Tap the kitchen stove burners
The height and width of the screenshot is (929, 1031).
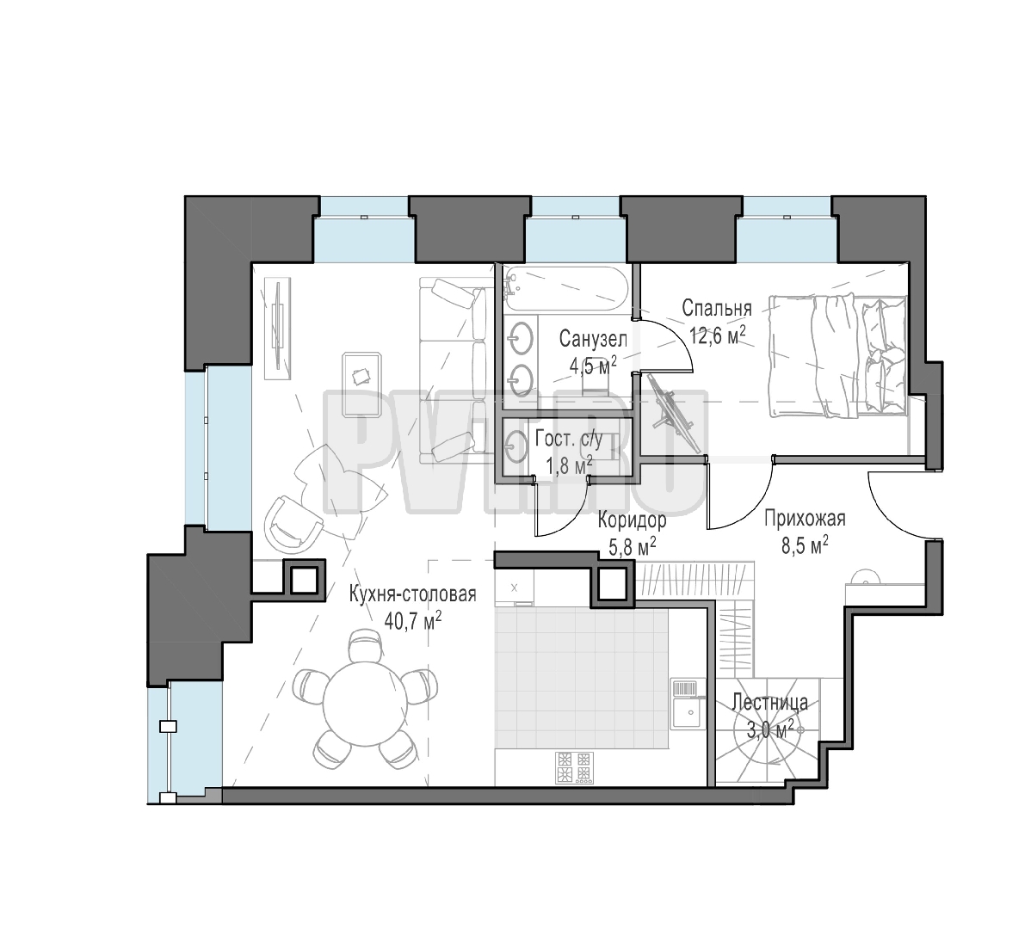(x=573, y=767)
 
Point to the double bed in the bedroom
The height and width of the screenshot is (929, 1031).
(x=837, y=355)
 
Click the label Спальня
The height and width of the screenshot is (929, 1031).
(x=716, y=307)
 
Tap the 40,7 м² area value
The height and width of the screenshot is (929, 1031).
(x=412, y=619)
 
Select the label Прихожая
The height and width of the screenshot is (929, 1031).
(x=804, y=519)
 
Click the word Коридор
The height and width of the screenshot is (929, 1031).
(x=632, y=520)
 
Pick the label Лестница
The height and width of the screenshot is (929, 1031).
(x=770, y=702)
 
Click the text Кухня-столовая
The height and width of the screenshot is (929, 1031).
(x=412, y=594)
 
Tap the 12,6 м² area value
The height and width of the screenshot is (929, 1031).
(x=718, y=334)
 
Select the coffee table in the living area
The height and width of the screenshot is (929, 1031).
(x=361, y=385)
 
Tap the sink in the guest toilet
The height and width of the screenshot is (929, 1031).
(x=517, y=446)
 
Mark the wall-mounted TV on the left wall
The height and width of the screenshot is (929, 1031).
(x=278, y=328)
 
